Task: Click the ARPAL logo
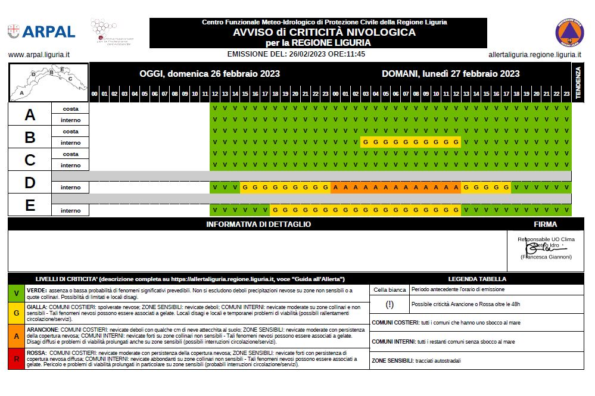(x=41, y=32)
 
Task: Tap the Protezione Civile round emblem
(x=569, y=32)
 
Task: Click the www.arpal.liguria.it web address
(x=39, y=54)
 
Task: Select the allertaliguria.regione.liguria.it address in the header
(x=534, y=54)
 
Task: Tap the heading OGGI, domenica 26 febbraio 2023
(x=210, y=74)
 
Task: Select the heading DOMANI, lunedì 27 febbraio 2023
(x=451, y=74)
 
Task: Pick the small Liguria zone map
(x=48, y=82)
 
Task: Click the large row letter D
(x=30, y=183)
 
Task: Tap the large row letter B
(x=30, y=138)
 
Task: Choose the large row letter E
(x=30, y=205)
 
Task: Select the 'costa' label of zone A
(x=70, y=109)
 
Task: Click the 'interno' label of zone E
(x=70, y=210)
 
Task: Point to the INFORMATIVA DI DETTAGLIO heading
(x=258, y=224)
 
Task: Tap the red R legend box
(x=17, y=358)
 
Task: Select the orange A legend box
(x=17, y=336)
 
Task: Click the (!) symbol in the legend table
(x=390, y=304)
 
